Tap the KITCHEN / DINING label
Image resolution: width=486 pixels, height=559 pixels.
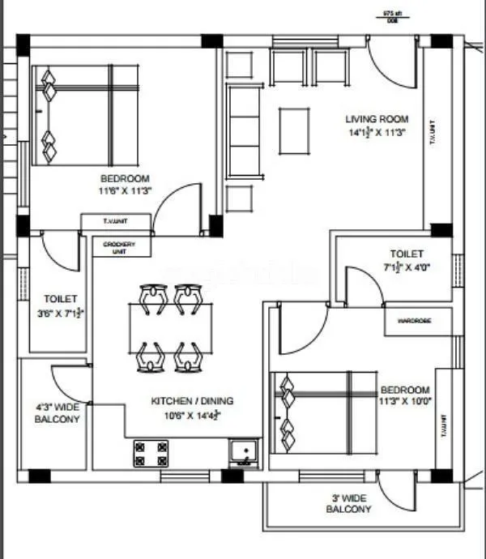tap(193, 400)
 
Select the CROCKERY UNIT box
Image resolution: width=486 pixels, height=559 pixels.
tap(119, 247)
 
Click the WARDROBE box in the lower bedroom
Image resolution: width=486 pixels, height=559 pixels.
tap(414, 321)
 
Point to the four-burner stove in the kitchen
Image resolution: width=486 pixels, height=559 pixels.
tap(151, 454)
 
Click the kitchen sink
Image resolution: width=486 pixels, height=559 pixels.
tap(242, 453)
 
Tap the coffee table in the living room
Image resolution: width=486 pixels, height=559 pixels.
tap(295, 130)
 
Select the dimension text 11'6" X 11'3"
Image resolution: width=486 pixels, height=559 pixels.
tap(126, 190)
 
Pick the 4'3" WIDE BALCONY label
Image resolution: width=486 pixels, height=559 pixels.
tap(57, 414)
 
